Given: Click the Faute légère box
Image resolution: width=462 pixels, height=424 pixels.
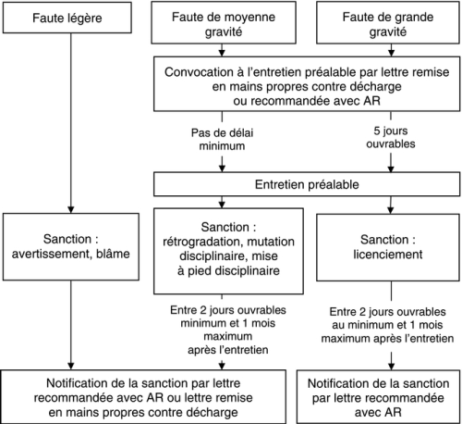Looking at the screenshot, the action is coord(67,18).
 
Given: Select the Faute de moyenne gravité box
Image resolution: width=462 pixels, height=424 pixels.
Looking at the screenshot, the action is coord(224,22).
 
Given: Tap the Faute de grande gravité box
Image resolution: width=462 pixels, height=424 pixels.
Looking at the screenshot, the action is coord(388,22).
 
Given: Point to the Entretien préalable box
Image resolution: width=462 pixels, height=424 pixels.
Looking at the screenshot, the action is coord(307,184).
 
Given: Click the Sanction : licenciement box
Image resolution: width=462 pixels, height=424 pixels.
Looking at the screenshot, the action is coord(388,247).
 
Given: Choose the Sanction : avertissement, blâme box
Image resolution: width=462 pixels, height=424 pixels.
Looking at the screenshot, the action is coord(71,246).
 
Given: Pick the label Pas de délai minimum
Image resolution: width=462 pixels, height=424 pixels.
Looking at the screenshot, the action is coord(222,139).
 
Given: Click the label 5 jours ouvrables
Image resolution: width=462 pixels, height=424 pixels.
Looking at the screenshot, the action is coord(391,137).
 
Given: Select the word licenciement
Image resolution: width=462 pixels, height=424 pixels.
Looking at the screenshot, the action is coord(388,255).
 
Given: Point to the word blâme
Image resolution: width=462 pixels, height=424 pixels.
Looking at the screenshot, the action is coord(113,254).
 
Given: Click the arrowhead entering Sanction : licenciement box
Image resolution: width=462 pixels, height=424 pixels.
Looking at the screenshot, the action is coord(391,210).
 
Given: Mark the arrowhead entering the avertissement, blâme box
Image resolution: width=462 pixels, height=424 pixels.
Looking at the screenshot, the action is coord(71,209).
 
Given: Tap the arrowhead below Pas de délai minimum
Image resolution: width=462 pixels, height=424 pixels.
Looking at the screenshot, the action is coord(222,168).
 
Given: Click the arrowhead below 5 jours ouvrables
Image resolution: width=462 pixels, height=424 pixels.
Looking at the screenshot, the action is coord(391,168).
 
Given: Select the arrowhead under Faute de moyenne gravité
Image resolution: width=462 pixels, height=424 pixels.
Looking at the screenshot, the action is coord(222,53).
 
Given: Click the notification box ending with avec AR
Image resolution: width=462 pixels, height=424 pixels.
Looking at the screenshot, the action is coord(378,397).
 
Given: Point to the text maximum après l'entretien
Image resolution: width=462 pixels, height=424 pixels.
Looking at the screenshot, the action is coord(387,339).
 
